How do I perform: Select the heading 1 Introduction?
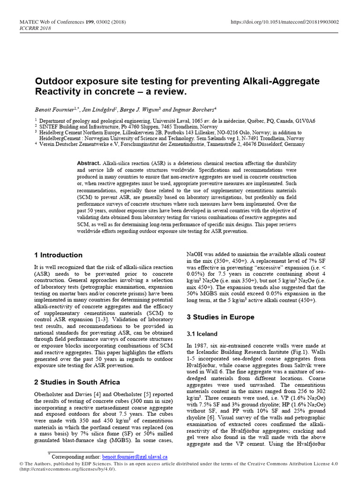pos(58,255)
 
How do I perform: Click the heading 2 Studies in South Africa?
pos(77,382)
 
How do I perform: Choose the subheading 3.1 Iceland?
pos(202,334)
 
